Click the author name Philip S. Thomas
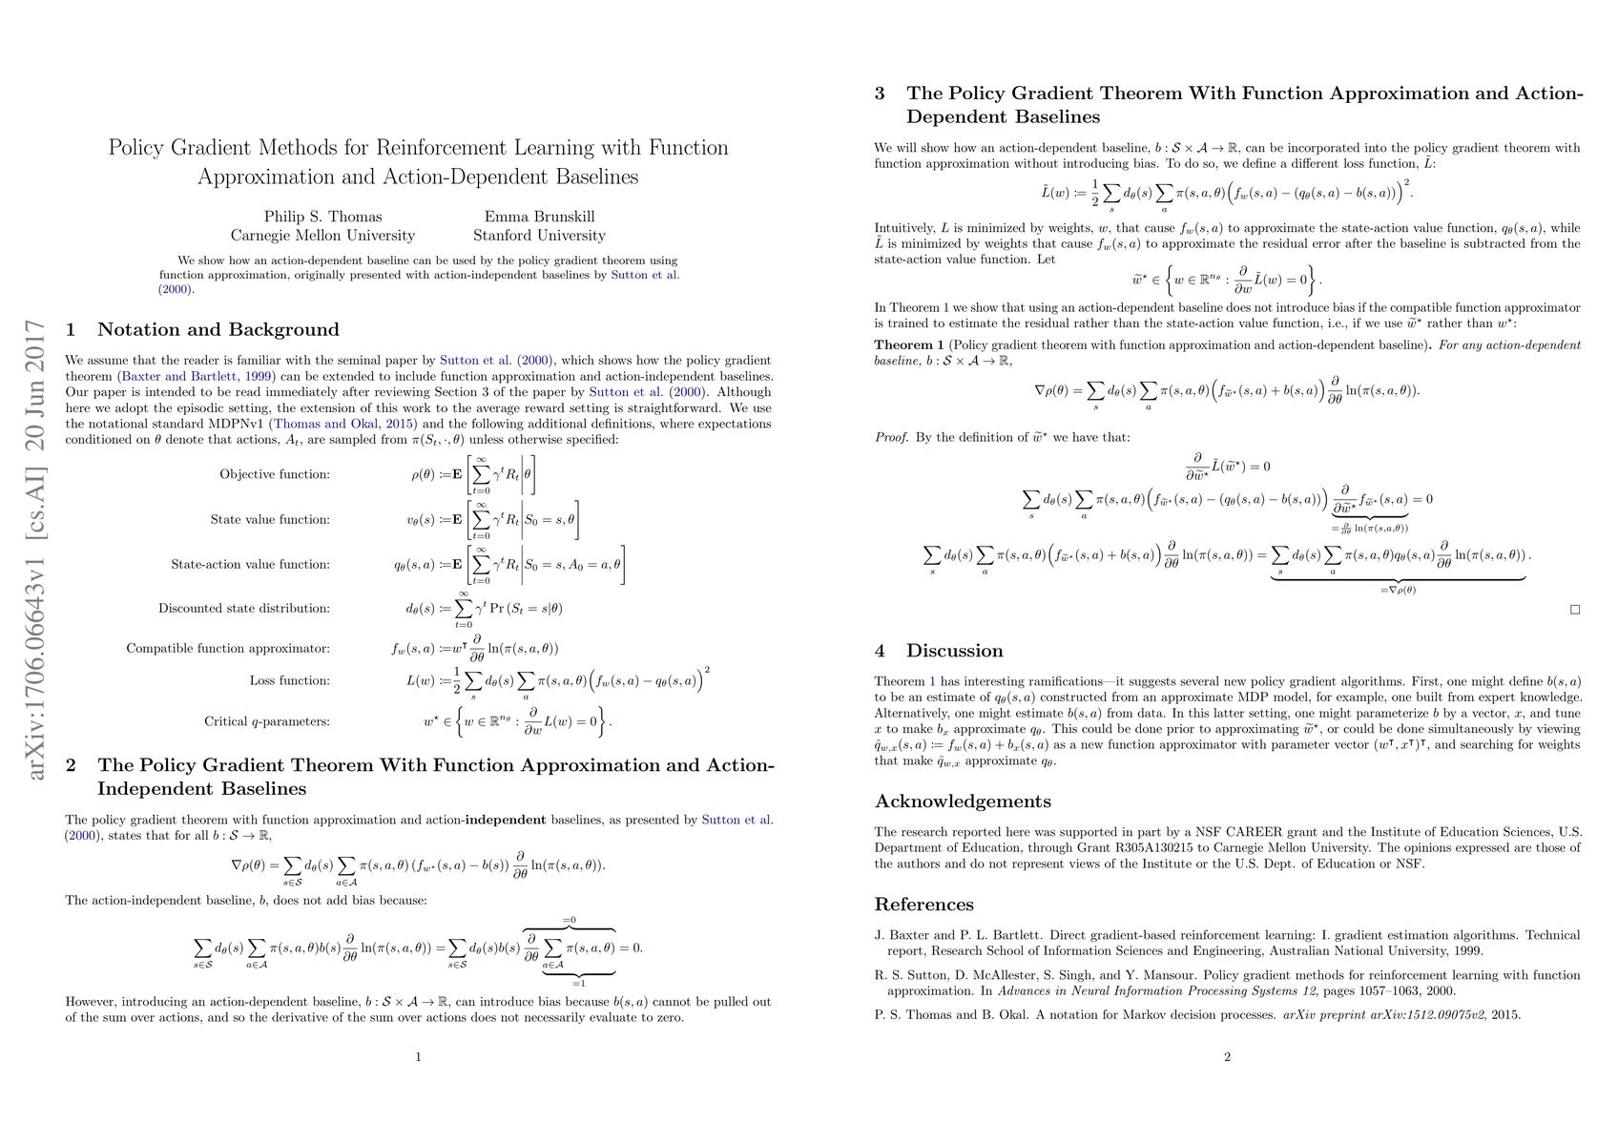coord(322,217)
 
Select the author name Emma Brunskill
coord(539,217)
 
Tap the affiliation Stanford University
coord(539,236)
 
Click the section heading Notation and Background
coord(218,330)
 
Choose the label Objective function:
coord(275,474)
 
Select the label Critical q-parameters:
coord(267,721)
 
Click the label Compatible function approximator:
coord(228,649)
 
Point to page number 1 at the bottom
coord(419,1056)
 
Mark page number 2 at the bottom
coord(1227,1056)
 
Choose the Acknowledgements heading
coord(963,801)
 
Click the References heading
coord(923,905)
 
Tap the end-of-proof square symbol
coord(1575,609)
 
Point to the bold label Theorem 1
coord(909,345)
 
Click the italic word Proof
coord(891,437)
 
